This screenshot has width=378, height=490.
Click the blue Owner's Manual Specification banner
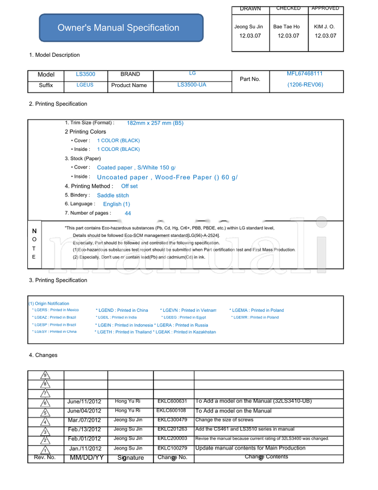point(121,28)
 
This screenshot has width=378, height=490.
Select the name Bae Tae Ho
point(286,27)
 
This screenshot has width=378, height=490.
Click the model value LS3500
point(86,74)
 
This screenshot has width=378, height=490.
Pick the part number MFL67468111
point(305,74)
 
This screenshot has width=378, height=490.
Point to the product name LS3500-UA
point(191,85)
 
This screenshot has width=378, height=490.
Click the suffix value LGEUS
point(85,85)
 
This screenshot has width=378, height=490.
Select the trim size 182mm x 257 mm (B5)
point(155,123)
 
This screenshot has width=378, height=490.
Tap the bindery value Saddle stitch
point(113,195)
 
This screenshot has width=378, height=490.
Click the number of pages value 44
point(128,213)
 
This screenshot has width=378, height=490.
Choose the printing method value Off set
point(129,186)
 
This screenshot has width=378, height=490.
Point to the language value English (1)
point(116,204)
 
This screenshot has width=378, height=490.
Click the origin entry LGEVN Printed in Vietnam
point(188,310)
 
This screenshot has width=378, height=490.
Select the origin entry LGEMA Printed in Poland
point(257,310)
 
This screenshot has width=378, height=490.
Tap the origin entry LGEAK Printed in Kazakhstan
point(185,332)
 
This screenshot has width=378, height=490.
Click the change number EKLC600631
point(172,401)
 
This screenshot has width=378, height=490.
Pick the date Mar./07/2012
point(84,420)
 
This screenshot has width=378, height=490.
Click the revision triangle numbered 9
point(45,376)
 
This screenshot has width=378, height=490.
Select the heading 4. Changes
point(43,355)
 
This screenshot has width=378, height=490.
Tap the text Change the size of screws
point(224,420)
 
